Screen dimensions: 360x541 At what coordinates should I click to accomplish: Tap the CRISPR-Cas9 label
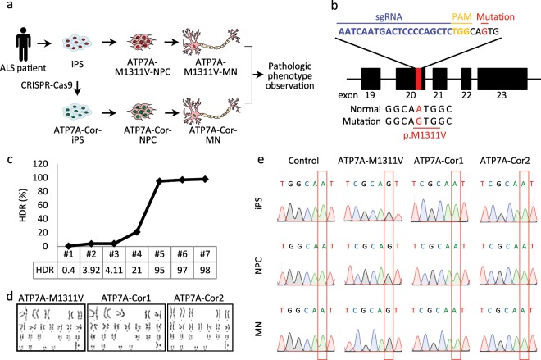click(41, 84)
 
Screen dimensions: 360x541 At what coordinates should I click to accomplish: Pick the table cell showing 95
click(159, 267)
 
